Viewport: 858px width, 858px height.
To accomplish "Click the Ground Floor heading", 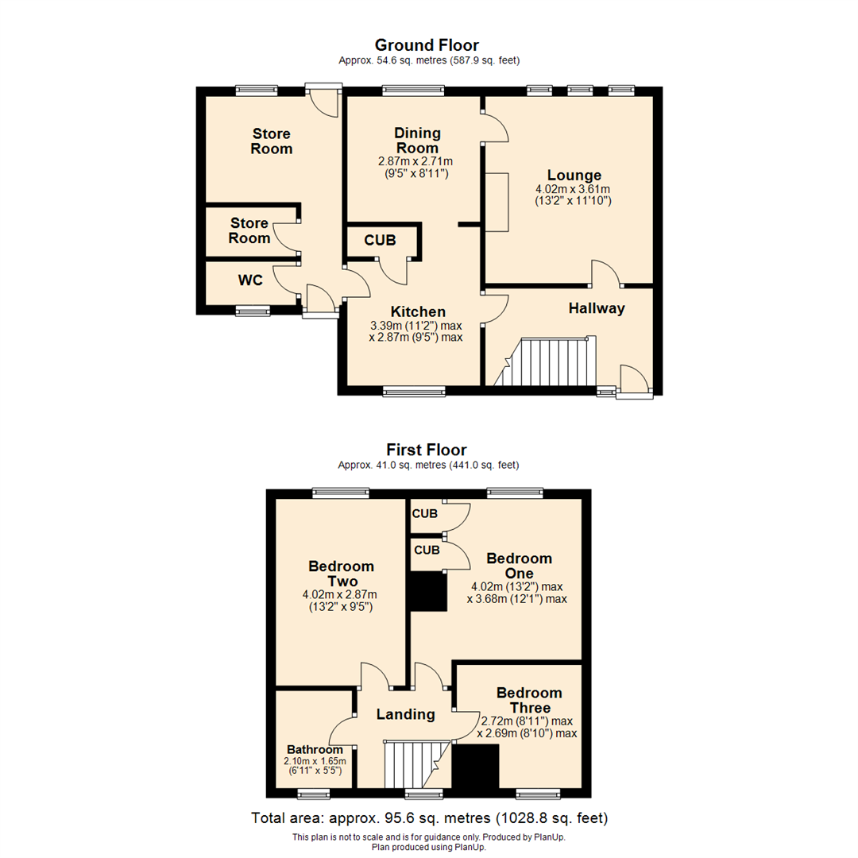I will (x=427, y=45).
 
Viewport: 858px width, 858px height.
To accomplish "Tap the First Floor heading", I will (x=427, y=450).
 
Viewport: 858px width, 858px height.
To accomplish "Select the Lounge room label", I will (x=574, y=176).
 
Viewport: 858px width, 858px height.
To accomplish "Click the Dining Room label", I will (x=416, y=141).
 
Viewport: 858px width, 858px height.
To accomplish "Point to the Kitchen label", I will (x=417, y=311).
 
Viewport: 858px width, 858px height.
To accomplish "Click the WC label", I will (x=250, y=280).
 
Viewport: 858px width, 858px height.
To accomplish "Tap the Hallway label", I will (x=596, y=308).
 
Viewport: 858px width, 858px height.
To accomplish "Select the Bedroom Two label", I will (x=342, y=574).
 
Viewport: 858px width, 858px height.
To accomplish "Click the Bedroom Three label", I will (x=528, y=700).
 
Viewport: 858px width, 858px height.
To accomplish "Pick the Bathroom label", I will (x=315, y=749).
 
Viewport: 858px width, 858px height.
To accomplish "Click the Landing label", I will (x=405, y=714).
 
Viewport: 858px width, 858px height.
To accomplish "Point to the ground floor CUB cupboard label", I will (x=381, y=240).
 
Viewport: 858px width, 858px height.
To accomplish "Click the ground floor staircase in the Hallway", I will (x=552, y=362).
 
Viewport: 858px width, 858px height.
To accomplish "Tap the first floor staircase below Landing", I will (x=413, y=763).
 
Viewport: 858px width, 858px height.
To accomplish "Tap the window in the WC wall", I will (x=253, y=311).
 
